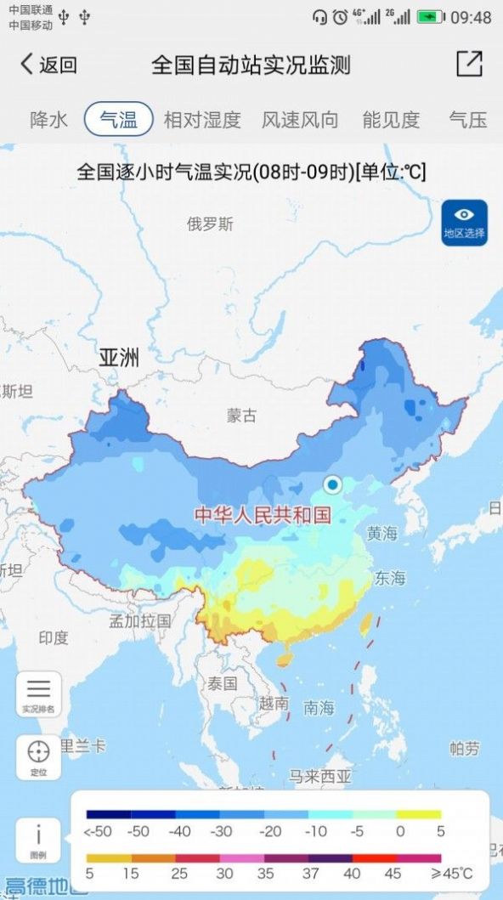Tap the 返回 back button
tap(48, 65)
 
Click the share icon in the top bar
tap(469, 65)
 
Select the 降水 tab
tap(48, 120)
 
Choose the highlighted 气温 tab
tap(118, 120)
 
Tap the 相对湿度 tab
tap(202, 120)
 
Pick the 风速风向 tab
tap(300, 120)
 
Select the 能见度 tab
tap(391, 120)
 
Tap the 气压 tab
tap(468, 120)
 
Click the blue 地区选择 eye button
tap(464, 223)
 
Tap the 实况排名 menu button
tap(38, 693)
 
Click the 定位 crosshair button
tap(38, 756)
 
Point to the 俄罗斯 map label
tap(210, 224)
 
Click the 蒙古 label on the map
tap(241, 416)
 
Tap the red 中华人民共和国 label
tap(262, 515)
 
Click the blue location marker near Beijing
tap(332, 484)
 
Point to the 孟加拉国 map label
tap(140, 621)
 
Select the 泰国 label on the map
tap(222, 683)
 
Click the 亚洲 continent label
tap(119, 358)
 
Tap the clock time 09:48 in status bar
tap(471, 17)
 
